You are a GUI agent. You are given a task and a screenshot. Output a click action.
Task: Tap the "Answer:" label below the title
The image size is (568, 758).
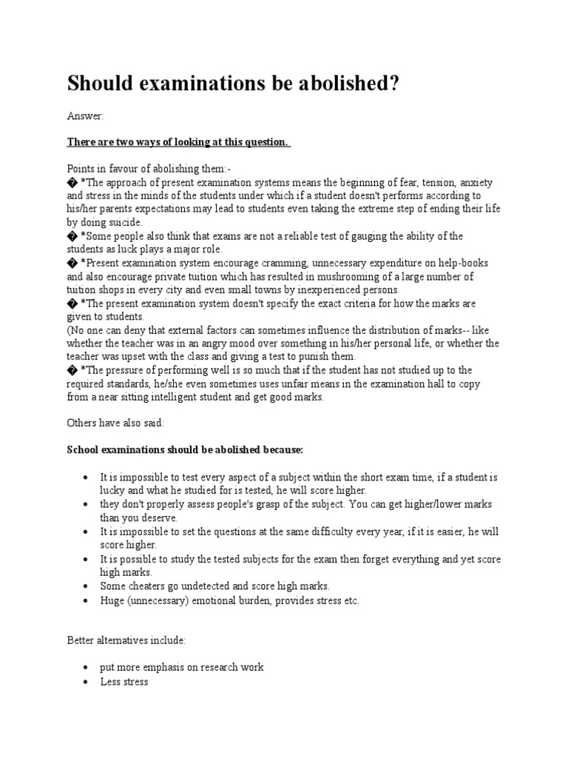click(x=86, y=116)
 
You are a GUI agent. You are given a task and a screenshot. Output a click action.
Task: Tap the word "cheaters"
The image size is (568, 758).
click(x=147, y=586)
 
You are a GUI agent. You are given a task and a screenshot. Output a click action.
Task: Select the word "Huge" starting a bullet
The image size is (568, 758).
click(x=112, y=600)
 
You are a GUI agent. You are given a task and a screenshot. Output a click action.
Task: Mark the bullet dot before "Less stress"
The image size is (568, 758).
click(x=87, y=681)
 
